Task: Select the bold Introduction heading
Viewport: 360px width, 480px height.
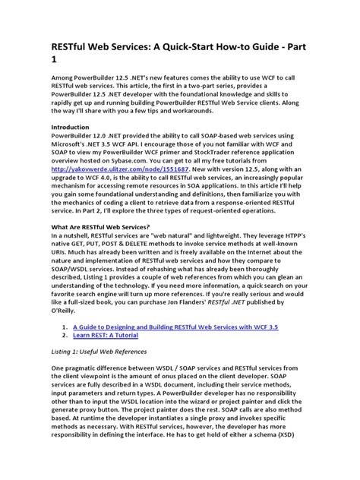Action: click(x=74, y=126)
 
